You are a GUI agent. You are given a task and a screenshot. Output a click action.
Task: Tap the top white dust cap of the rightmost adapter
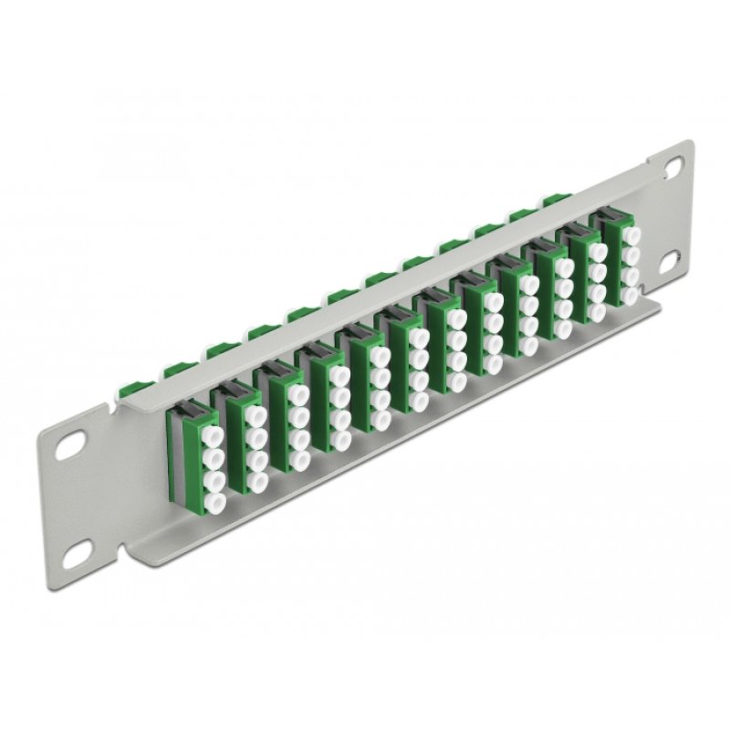pyautogui.click(x=631, y=229)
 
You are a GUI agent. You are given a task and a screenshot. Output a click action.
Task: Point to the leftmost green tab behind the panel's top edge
pyautogui.click(x=171, y=370)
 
